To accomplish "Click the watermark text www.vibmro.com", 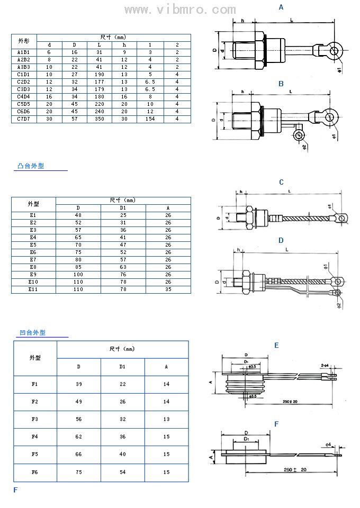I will pos(180,10).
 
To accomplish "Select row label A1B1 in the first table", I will pos(24,52).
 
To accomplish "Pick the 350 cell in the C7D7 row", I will pos(99,119).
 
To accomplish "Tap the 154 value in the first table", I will pos(150,119).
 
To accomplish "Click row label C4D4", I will pos(24,97).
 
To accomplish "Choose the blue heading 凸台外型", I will pos(31,166).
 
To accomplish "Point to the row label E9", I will pos(33,275).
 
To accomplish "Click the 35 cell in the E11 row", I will pos(168,289).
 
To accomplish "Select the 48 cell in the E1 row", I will pos(78,215).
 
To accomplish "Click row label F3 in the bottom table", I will pos(35,419).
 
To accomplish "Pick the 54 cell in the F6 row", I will pos(122,472).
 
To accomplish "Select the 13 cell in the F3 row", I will pos(166,419).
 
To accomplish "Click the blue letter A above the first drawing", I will pos(281,7).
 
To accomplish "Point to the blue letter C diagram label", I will pos(281,183).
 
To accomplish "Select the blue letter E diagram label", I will pos(276,346).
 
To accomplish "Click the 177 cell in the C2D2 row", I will pos(99,82).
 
